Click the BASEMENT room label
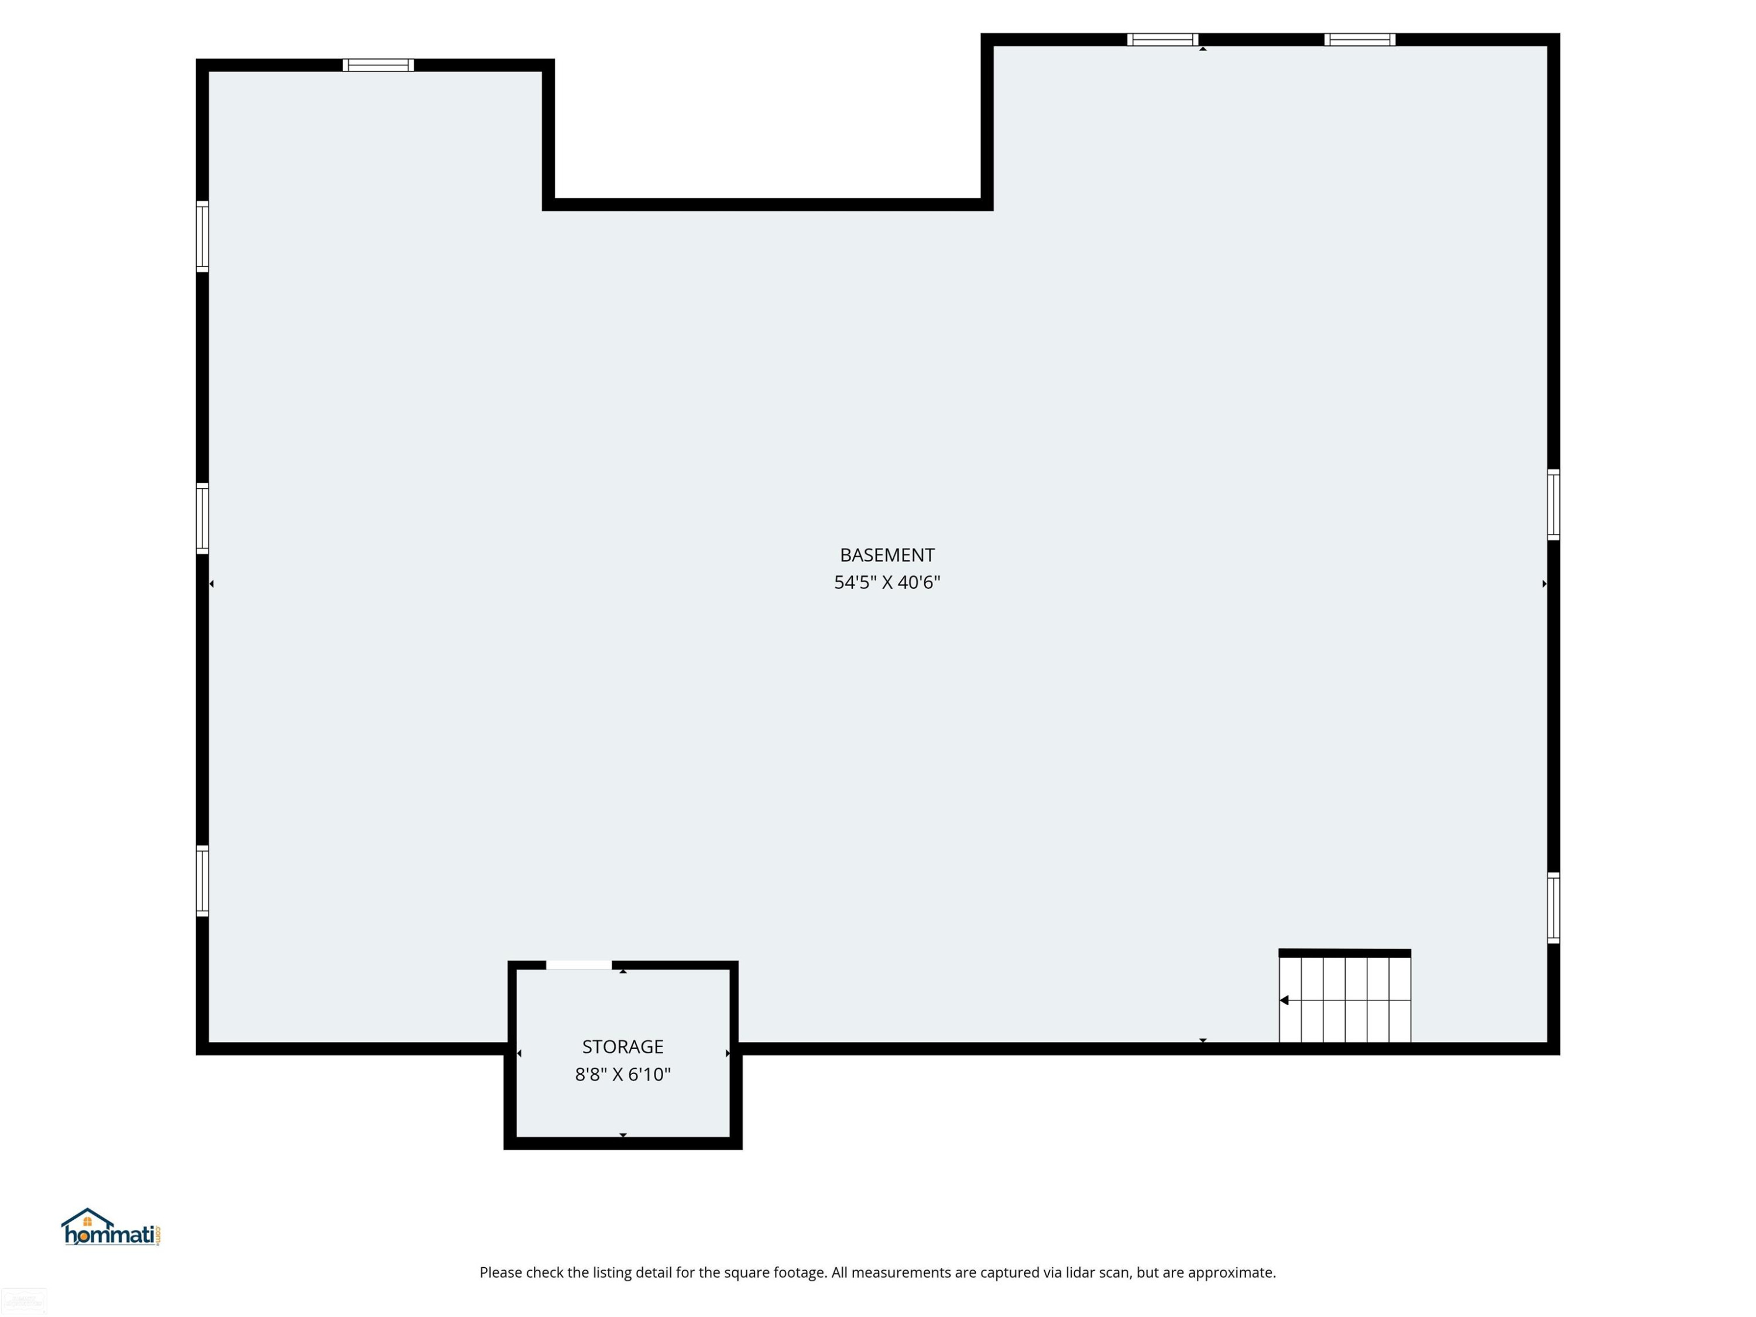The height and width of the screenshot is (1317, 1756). (x=887, y=555)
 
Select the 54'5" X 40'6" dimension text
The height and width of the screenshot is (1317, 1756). (x=887, y=582)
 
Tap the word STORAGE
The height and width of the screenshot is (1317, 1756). (x=622, y=1047)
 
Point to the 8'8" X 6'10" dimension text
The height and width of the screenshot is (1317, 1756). (x=622, y=1074)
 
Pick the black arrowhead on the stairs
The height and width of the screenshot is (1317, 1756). (x=1284, y=1000)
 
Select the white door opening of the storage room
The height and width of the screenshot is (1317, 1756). (x=579, y=965)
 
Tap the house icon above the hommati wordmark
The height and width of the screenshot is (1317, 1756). (x=87, y=1219)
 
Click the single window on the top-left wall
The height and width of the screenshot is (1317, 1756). (x=378, y=65)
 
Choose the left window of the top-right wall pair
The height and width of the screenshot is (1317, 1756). (x=1162, y=40)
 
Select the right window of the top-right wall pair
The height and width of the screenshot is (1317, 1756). (x=1359, y=40)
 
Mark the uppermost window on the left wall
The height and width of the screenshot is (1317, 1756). (x=203, y=236)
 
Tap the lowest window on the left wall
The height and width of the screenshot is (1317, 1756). (x=203, y=881)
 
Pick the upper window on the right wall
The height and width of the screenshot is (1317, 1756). (x=1553, y=505)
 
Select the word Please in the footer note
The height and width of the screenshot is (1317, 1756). (x=502, y=1273)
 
